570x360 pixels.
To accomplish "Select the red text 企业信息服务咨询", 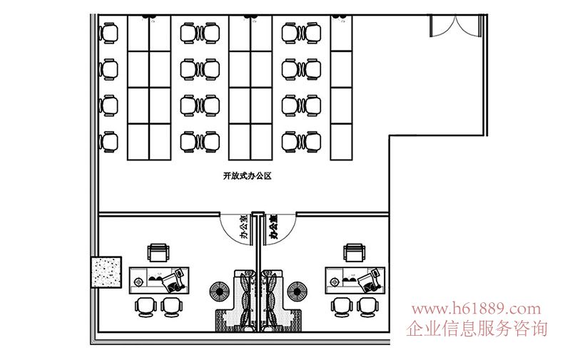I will coord(477,329).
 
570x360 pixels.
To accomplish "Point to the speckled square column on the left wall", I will coord(106,271).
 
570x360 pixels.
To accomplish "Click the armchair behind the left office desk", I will coord(158,252).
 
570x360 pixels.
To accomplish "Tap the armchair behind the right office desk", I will coord(355,252).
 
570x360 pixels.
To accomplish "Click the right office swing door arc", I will coord(283,228).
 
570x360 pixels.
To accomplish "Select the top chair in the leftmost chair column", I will coord(109,33).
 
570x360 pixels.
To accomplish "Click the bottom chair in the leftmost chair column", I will coord(109,141).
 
